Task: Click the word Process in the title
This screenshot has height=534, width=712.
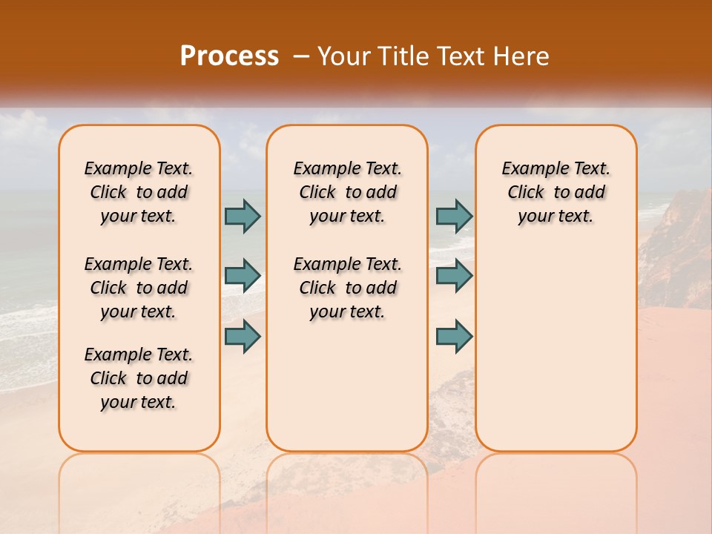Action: coord(229,56)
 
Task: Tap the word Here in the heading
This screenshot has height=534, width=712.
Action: coord(522,56)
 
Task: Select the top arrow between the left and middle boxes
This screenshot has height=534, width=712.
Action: coord(243,216)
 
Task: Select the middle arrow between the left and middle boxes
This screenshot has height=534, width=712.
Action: coord(243,276)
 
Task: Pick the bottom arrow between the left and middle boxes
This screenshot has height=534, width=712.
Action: coord(243,336)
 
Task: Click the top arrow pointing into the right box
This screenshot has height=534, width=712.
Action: coord(454,216)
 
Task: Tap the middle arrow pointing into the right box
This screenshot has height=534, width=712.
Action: coord(454,276)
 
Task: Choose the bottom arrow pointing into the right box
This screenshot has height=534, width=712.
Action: coord(454,336)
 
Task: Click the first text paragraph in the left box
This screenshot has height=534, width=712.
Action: coord(139,192)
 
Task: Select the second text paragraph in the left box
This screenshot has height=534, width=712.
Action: coord(139,288)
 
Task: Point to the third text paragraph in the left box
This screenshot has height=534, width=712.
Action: coord(139,378)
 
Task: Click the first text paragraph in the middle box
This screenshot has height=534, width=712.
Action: coord(347,192)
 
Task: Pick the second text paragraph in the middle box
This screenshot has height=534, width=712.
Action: coord(347,288)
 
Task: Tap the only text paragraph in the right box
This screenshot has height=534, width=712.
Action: coord(556,192)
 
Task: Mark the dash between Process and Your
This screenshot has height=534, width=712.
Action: coord(300,56)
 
